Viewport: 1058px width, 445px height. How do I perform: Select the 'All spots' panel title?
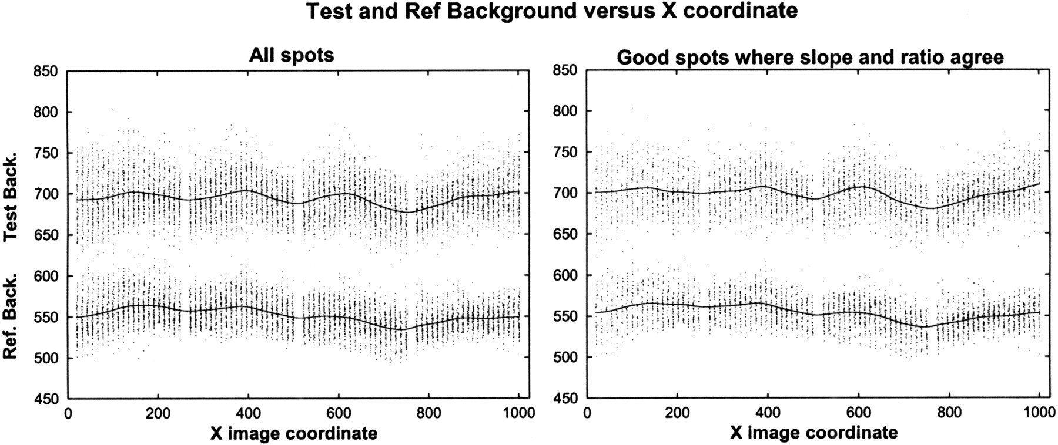coord(292,55)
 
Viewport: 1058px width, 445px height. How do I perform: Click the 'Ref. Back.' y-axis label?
coord(11,316)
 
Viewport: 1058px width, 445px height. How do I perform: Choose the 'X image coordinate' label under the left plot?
coord(294,434)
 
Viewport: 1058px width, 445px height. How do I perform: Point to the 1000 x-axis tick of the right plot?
coord(1039,413)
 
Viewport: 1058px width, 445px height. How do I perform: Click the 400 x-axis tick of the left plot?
coord(248,413)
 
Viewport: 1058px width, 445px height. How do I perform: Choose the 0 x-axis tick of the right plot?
coord(588,413)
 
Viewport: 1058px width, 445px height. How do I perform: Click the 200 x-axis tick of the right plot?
coord(678,413)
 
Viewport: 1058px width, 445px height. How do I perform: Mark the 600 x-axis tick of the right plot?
coord(859,413)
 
